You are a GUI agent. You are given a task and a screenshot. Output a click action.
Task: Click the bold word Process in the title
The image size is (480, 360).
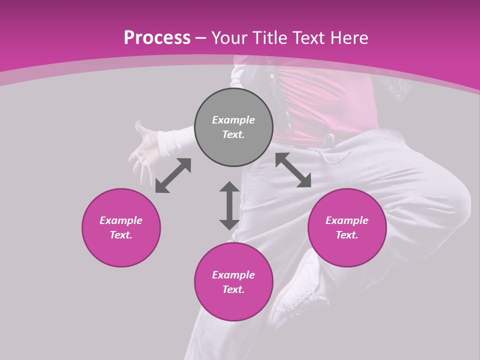(x=157, y=37)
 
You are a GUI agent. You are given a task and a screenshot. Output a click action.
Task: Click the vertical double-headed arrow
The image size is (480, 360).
(x=229, y=205)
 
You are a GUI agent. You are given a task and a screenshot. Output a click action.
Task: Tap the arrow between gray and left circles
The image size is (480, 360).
(x=173, y=175)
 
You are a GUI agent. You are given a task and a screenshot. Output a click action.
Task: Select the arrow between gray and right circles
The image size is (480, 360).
(x=293, y=170)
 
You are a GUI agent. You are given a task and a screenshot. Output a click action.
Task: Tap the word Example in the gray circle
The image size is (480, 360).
(x=233, y=120)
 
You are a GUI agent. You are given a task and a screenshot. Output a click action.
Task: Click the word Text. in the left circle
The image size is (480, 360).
(x=121, y=235)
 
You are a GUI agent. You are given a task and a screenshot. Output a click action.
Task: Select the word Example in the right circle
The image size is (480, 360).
(x=347, y=220)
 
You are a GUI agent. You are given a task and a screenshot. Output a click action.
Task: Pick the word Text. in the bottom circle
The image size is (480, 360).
(x=233, y=289)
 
